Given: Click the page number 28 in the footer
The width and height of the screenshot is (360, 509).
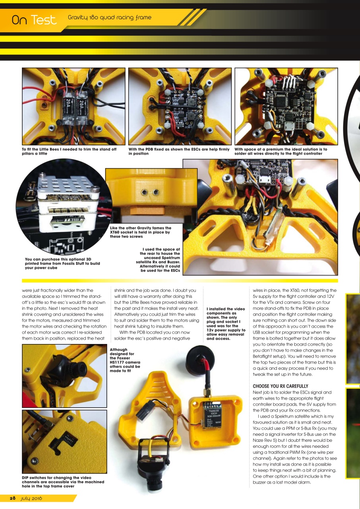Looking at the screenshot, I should point(13,499).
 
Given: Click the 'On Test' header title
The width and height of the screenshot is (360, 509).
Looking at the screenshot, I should point(34,20).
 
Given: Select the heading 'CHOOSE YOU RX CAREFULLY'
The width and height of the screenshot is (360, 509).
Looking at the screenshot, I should point(281,386).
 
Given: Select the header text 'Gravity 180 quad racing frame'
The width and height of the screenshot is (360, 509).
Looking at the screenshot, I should point(110,17).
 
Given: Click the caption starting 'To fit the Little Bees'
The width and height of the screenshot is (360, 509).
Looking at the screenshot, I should point(69,152).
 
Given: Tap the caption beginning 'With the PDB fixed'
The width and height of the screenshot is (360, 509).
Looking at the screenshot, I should point(179,152).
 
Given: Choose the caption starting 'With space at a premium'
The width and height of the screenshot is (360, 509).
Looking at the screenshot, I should point(281,152).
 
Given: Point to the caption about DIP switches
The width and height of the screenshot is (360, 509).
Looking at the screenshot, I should point(63,482).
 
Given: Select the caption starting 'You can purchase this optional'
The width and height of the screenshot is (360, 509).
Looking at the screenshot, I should point(62,263).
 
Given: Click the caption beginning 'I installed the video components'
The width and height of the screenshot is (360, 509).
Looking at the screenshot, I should point(226,324).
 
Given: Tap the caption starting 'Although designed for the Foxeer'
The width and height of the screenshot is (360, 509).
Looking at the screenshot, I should point(125,360).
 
